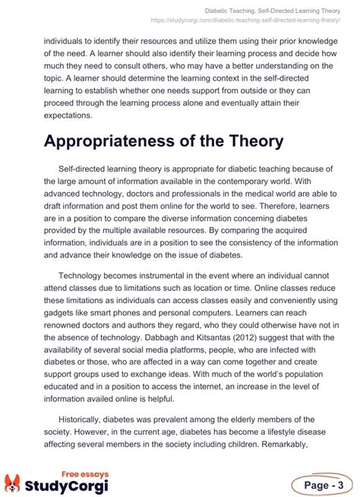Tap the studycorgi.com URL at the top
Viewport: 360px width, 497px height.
coord(254,21)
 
